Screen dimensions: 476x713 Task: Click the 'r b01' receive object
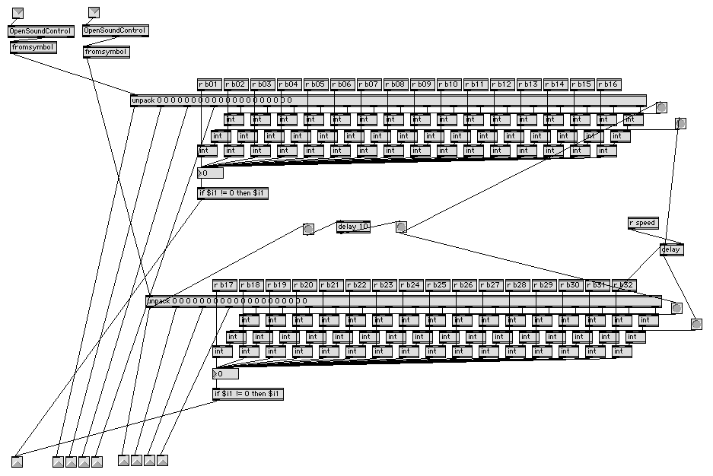coord(209,84)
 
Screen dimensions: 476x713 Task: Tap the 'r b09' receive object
coord(422,84)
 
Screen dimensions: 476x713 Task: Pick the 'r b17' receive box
coord(224,285)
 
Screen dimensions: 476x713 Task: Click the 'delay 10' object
coord(353,227)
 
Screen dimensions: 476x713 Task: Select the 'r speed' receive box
coord(642,223)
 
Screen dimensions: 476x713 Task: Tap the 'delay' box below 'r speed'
coord(671,249)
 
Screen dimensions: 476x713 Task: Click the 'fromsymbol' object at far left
coord(33,47)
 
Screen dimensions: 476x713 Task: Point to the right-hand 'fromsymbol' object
coord(107,52)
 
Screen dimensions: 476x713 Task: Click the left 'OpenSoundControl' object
coord(40,31)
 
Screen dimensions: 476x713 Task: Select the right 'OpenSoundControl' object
coord(115,30)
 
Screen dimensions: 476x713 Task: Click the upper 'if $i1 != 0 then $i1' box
coord(233,193)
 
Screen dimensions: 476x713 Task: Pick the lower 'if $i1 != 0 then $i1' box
coord(248,394)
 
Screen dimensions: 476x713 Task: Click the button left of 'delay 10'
coord(308,229)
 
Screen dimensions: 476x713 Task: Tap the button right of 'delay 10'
coord(401,227)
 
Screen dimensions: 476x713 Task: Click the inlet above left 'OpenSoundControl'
coord(18,12)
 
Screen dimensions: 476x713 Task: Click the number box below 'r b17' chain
coord(225,374)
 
